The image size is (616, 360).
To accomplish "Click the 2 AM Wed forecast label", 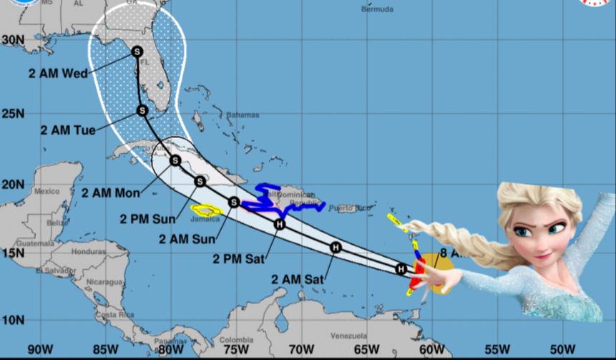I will (58, 73).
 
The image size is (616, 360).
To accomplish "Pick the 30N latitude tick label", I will (12, 39).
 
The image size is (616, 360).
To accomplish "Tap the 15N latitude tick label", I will (12, 252).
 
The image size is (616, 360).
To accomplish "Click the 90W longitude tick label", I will (40, 349).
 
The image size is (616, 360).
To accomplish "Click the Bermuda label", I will (377, 10).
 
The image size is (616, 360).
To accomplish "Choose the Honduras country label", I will (88, 252).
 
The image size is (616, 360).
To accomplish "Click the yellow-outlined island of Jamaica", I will (205, 210).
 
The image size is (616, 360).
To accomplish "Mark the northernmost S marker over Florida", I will (137, 52).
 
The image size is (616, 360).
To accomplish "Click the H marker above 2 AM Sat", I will (336, 248).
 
